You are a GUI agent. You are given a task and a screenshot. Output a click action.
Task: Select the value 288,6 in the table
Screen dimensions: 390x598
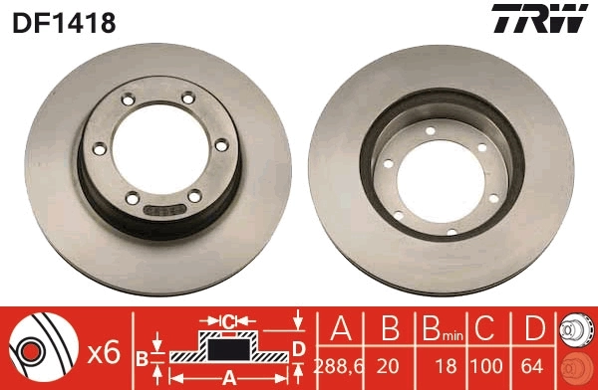click(x=339, y=365)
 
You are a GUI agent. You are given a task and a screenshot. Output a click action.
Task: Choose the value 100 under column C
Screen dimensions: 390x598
click(x=485, y=365)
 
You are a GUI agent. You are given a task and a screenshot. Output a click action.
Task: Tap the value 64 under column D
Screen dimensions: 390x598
click(x=533, y=365)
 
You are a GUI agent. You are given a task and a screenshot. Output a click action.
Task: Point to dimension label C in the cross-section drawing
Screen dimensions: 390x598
click(x=228, y=321)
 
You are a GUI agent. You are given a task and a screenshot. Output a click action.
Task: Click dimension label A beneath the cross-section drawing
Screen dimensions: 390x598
click(x=228, y=377)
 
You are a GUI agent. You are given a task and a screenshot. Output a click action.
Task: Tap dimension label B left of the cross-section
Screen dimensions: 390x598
click(x=143, y=354)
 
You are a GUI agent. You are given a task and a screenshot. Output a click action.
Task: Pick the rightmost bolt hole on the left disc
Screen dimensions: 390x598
click(x=219, y=147)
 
